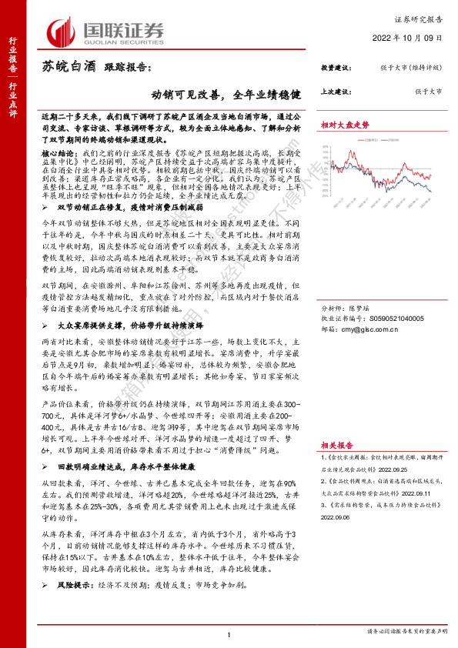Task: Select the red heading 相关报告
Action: click(338, 446)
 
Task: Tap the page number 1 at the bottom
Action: click(229, 633)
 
